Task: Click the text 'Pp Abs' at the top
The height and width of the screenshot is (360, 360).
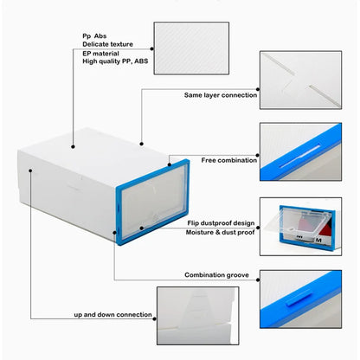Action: pyautogui.click(x=96, y=35)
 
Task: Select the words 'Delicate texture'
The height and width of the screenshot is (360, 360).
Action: pyautogui.click(x=108, y=43)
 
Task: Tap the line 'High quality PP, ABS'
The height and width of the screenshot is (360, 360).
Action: pyautogui.click(x=114, y=61)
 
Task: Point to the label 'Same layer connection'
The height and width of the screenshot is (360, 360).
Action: pyautogui.click(x=220, y=94)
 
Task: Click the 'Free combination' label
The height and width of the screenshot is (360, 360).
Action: pyautogui.click(x=229, y=160)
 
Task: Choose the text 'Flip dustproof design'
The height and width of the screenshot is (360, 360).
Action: pyautogui.click(x=219, y=222)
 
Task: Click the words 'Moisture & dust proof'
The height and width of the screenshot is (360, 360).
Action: pyautogui.click(x=219, y=233)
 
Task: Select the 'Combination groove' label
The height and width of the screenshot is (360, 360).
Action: pyautogui.click(x=217, y=274)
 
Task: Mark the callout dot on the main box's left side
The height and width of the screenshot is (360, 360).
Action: pyautogui.click(x=31, y=170)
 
